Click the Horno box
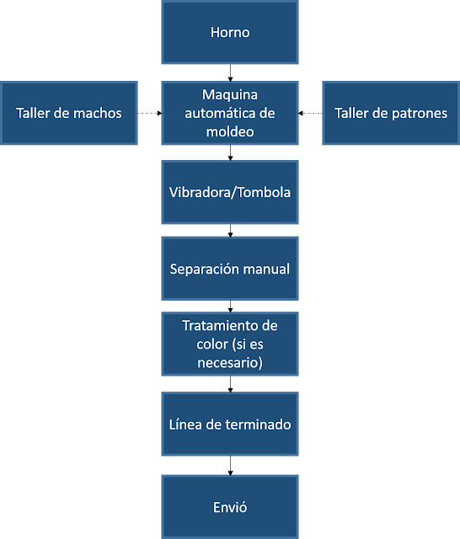click(230, 32)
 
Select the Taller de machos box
click(69, 113)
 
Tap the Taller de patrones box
click(391, 113)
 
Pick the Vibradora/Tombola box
click(230, 192)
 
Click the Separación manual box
click(230, 269)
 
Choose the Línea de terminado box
click(230, 424)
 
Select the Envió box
click(230, 507)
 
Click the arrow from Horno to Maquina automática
click(230, 72)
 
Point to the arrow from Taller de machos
click(149, 113)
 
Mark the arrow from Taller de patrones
click(311, 113)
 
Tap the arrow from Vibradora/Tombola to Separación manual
click(230, 231)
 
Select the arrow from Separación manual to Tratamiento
click(230, 307)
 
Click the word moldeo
click(230, 132)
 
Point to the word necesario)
click(230, 363)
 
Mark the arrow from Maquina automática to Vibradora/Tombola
click(230, 152)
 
